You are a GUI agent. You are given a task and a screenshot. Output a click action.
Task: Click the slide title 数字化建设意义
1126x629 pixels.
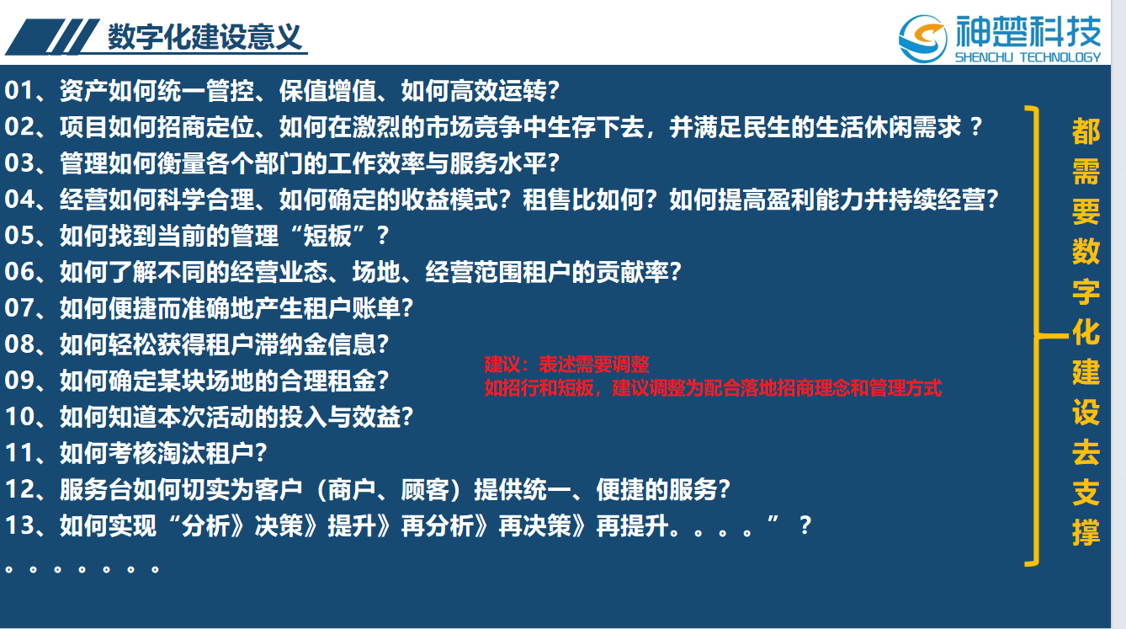click(204, 37)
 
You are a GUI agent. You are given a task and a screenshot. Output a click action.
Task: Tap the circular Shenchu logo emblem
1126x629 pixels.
click(923, 39)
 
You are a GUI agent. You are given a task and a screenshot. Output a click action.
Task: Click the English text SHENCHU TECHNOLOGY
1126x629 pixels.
click(1028, 57)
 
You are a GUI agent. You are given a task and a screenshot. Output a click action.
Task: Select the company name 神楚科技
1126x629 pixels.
click(1028, 31)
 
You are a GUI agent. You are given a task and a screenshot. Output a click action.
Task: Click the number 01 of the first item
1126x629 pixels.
click(19, 91)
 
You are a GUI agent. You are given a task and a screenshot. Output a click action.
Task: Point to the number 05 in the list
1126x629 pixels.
click(19, 236)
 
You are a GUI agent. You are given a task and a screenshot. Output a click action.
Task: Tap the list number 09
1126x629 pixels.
click(19, 381)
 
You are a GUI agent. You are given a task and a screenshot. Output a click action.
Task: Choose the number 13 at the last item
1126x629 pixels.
click(19, 525)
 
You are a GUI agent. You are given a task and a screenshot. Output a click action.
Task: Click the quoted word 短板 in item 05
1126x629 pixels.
click(327, 236)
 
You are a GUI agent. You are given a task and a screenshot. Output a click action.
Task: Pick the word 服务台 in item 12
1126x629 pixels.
click(96, 489)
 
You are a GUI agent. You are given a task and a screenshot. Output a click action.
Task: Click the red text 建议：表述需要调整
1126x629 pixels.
click(566, 364)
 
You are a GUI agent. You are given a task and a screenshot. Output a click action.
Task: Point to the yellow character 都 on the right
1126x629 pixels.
click(1086, 131)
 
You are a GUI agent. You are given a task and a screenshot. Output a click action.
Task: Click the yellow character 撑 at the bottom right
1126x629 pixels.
click(1086, 532)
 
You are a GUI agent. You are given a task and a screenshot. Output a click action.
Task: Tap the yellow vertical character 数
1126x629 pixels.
click(1086, 252)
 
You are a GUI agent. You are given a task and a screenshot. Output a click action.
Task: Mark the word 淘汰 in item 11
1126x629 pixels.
click(182, 453)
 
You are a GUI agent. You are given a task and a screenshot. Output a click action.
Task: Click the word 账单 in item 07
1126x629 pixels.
click(376, 308)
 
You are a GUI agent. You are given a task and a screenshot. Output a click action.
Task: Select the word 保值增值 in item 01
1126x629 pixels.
click(327, 91)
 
